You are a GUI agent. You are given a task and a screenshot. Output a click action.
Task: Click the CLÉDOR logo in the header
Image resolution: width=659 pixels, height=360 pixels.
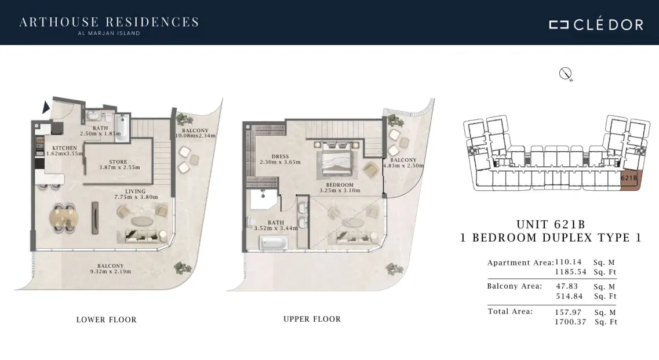tap(596, 24)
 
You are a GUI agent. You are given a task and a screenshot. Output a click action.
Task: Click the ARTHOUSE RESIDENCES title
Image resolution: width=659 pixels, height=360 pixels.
tap(109, 22)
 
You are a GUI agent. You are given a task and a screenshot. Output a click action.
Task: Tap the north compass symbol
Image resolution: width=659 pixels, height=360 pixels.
tap(565, 74)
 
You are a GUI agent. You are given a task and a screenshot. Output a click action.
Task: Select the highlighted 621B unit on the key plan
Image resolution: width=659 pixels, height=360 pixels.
tap(630, 180)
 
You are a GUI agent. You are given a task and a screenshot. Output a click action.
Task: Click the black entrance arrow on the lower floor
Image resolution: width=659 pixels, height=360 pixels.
tap(46, 107)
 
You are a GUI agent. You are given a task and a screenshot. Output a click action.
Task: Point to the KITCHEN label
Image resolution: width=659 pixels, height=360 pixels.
tap(64, 148)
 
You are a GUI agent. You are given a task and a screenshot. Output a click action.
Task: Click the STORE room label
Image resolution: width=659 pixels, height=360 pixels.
tap(118, 162)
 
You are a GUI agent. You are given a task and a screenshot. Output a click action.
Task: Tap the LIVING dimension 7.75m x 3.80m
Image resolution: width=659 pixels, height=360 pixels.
tap(136, 197)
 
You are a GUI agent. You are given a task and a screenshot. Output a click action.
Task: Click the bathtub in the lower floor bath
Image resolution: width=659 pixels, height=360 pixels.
tap(122, 128)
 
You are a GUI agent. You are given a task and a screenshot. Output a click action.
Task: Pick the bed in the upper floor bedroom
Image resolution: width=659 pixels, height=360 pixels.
tap(337, 159)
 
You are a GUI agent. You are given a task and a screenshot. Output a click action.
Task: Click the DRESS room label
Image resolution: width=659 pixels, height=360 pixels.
tap(281, 157)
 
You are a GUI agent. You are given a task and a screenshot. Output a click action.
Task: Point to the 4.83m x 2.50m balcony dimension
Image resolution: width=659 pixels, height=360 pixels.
tap(403, 166)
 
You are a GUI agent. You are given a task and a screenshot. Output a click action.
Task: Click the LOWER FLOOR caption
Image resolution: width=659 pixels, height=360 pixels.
tap(106, 319)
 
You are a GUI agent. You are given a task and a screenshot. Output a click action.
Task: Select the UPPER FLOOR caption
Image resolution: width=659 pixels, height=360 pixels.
tap(312, 319)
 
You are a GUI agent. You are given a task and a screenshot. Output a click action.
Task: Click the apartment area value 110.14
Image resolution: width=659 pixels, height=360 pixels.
tap(568, 262)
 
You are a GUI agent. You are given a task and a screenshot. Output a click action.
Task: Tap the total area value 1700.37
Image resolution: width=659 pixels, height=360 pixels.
tap(570, 322)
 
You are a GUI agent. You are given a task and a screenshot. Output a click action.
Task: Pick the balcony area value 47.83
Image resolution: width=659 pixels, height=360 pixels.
tap(567, 286)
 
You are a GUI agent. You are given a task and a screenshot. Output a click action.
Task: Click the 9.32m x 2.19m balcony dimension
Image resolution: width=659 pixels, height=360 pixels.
tap(111, 272)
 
